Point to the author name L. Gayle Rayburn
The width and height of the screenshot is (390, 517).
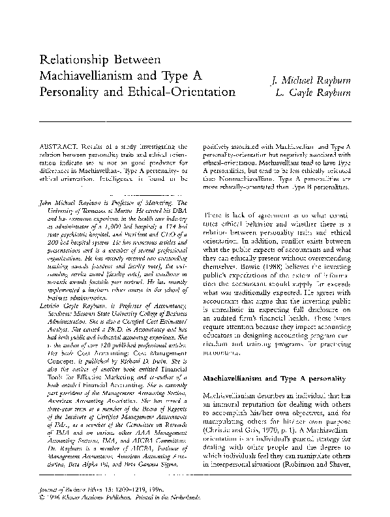314,95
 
